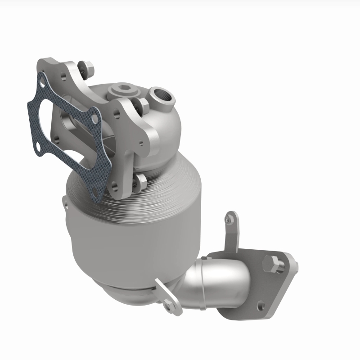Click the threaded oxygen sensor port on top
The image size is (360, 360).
tap(161, 95)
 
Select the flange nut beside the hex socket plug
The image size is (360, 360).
tap(143, 104)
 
